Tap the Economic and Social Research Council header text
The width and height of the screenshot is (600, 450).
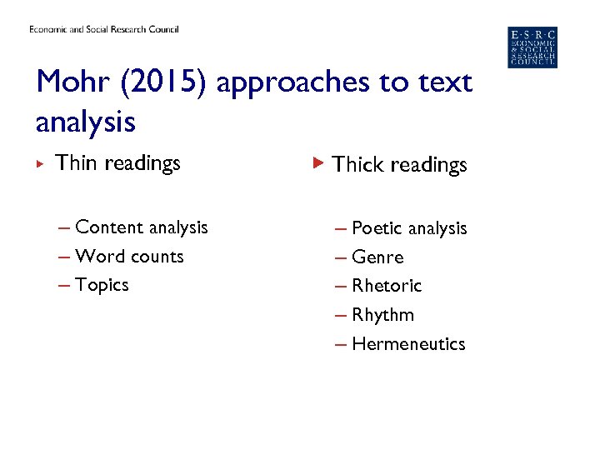pyautogui.click(x=104, y=30)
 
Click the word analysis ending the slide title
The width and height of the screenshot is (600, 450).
pyautogui.click(x=85, y=123)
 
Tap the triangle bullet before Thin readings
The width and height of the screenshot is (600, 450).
pyautogui.click(x=42, y=162)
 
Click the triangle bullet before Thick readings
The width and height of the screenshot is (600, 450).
pyautogui.click(x=317, y=162)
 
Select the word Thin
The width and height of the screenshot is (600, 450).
pyautogui.click(x=76, y=162)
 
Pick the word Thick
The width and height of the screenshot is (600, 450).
pyautogui.click(x=357, y=165)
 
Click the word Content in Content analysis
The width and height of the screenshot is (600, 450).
pyautogui.click(x=108, y=227)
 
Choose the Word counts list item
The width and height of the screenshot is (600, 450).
pyautogui.click(x=129, y=257)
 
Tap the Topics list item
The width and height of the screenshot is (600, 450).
pyautogui.click(x=102, y=285)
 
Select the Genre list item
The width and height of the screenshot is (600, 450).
pyautogui.click(x=377, y=257)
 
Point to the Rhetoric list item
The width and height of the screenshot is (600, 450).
pyautogui.click(x=387, y=286)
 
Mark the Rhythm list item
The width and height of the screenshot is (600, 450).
pyautogui.click(x=382, y=315)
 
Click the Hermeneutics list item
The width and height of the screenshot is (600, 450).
pyautogui.click(x=408, y=344)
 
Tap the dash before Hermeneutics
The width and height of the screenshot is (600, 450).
pyautogui.click(x=340, y=344)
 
